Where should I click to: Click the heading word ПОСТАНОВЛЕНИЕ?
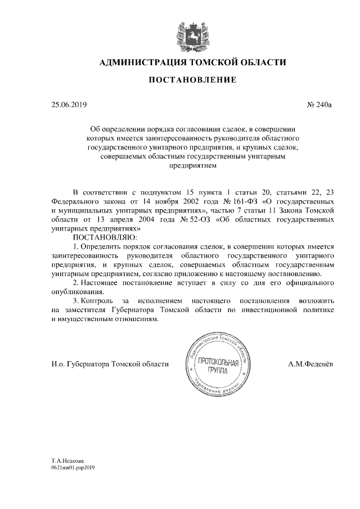tap(192, 81)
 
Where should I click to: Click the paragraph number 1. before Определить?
tap(77, 247)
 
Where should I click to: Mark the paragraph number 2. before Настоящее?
tap(76, 281)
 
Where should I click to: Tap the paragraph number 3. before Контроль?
tap(76, 301)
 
